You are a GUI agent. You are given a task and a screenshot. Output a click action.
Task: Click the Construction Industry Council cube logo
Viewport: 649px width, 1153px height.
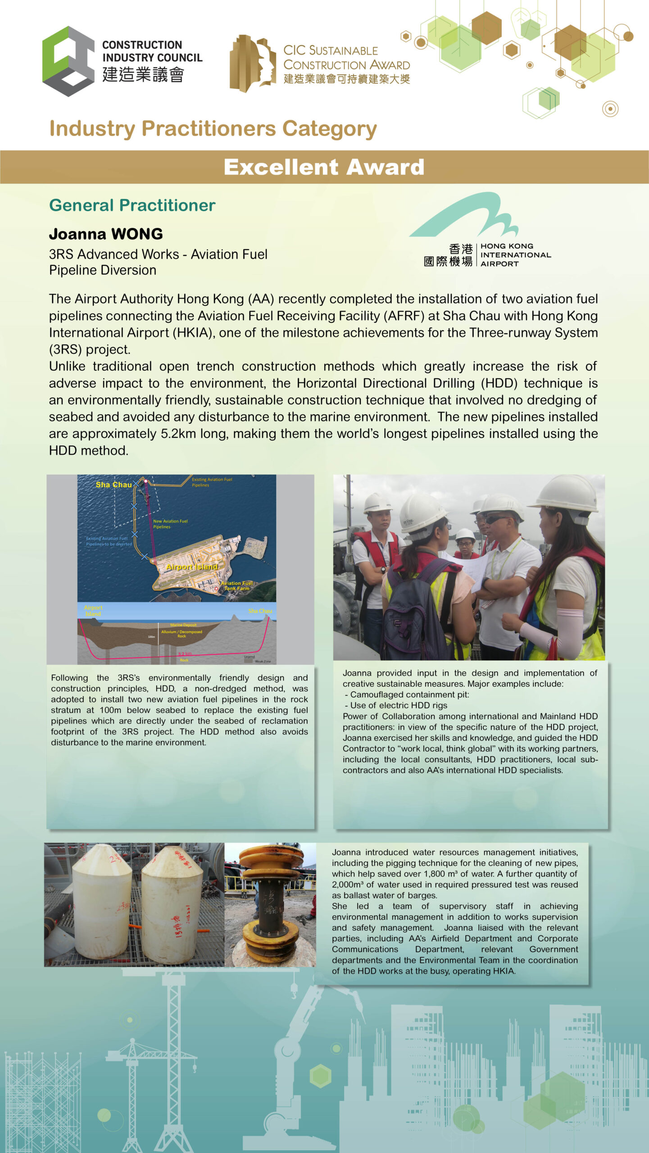tap(68, 61)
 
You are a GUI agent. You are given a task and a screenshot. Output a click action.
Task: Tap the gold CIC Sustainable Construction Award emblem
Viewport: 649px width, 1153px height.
tap(252, 63)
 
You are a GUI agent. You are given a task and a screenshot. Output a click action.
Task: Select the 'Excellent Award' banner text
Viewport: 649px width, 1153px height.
tap(324, 167)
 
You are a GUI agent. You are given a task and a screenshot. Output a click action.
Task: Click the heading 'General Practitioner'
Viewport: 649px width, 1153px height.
tap(132, 205)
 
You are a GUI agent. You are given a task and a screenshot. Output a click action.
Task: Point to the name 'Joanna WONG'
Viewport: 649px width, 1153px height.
tap(106, 234)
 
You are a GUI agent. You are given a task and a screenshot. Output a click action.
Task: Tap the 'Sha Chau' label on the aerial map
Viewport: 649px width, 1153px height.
tap(113, 485)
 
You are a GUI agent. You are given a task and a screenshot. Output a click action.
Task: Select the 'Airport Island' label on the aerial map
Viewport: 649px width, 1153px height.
tap(192, 567)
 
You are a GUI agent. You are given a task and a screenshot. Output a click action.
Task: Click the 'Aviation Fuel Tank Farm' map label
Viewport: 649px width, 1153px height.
tap(236, 586)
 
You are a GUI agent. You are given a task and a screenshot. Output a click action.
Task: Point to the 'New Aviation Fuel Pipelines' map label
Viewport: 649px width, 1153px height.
tap(170, 524)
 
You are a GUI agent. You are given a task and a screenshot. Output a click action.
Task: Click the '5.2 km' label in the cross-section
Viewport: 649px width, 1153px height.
tap(185, 654)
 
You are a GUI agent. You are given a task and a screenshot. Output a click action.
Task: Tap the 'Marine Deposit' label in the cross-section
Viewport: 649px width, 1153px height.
tap(183, 625)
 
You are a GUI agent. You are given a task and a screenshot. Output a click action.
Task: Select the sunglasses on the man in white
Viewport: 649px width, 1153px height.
tap(496, 519)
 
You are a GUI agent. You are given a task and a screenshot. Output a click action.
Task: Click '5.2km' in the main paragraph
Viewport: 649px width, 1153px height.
tap(177, 434)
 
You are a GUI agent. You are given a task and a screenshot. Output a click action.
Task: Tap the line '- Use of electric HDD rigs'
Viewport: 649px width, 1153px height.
tap(396, 705)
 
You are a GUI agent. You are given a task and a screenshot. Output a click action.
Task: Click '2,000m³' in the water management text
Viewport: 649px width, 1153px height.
tap(348, 885)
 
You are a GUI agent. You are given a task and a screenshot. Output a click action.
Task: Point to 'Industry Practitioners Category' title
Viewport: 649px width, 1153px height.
tap(213, 129)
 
